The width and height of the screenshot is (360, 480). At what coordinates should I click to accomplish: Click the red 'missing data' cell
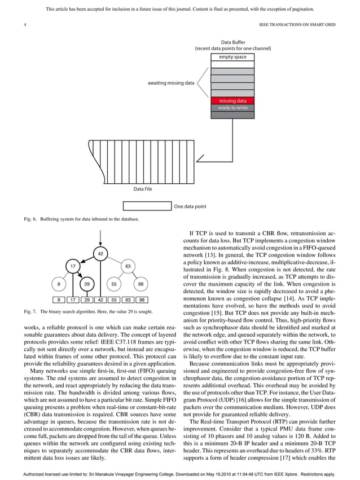click(232, 101)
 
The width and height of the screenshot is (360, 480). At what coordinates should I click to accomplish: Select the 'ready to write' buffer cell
click(232, 108)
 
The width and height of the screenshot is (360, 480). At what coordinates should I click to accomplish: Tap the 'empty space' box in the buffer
click(232, 57)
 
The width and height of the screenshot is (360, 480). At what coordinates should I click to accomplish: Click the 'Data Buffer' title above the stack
click(232, 42)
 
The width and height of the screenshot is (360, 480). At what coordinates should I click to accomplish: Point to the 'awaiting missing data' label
click(171, 83)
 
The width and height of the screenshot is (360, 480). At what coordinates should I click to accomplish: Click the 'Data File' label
click(142, 189)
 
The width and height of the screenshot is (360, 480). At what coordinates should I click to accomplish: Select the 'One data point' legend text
click(190, 206)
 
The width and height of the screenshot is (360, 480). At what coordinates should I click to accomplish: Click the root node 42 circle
click(100, 254)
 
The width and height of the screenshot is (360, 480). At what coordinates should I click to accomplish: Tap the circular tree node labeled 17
click(73, 266)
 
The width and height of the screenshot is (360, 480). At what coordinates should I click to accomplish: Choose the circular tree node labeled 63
click(128, 266)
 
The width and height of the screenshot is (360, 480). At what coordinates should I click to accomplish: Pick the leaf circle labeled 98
click(141, 284)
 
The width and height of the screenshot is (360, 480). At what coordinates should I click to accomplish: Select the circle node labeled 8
click(59, 284)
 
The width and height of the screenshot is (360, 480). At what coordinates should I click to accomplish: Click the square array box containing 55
click(114, 300)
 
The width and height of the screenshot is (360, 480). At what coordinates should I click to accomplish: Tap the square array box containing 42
click(100, 300)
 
